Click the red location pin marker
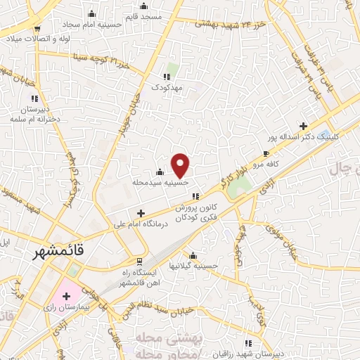click(x=181, y=165)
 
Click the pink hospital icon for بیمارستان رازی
click(x=66, y=297)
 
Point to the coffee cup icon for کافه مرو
click(x=266, y=153)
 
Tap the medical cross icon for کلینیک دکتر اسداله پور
click(x=303, y=127)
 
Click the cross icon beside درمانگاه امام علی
click(x=141, y=213)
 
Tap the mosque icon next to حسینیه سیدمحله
click(x=160, y=172)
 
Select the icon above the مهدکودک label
click(x=167, y=77)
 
